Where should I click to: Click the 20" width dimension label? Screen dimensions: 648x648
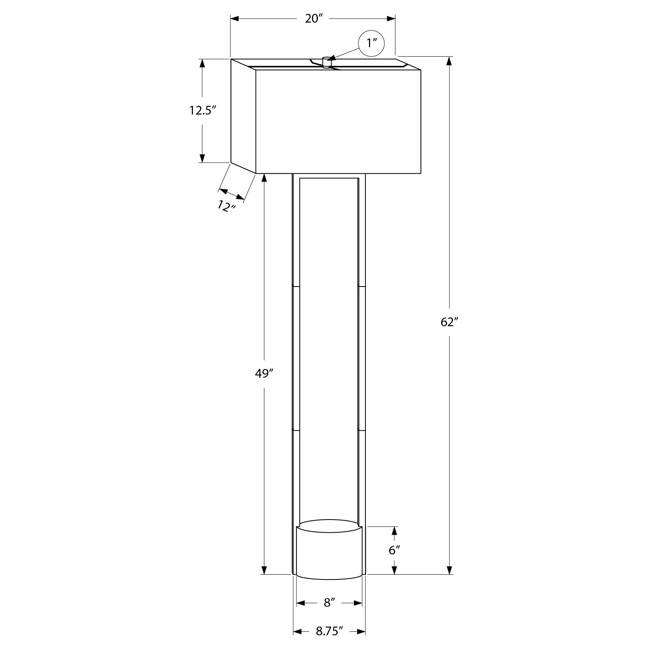click(x=315, y=19)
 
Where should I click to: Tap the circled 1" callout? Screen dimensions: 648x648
click(x=371, y=43)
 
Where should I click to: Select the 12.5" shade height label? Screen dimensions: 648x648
click(x=202, y=110)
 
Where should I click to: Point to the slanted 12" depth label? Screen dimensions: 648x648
click(x=227, y=206)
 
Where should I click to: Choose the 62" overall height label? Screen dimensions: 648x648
click(x=449, y=321)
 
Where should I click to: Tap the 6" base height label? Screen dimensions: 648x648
click(x=395, y=550)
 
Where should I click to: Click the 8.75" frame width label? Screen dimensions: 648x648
click(x=329, y=631)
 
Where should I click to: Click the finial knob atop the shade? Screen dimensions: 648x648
click(x=327, y=63)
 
